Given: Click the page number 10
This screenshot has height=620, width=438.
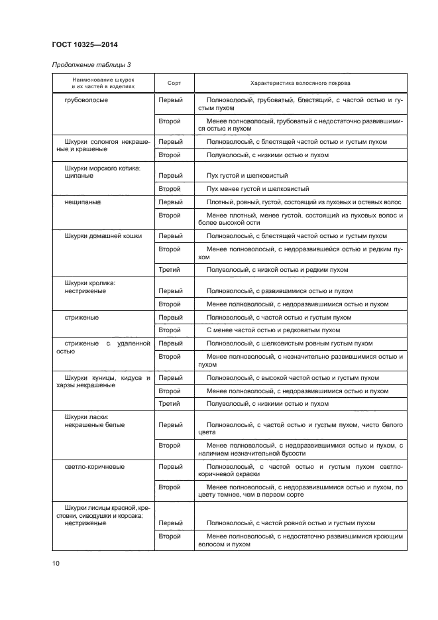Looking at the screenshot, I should click(x=56, y=564).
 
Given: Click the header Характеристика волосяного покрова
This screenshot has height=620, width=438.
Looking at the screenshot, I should click(x=300, y=84).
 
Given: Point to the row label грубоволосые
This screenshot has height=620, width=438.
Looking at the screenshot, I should click(x=87, y=101).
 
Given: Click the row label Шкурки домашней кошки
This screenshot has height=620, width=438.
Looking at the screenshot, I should click(x=103, y=236).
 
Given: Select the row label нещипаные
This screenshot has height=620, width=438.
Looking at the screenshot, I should click(x=83, y=202).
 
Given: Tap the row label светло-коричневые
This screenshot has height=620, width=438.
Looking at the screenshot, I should click(x=95, y=467).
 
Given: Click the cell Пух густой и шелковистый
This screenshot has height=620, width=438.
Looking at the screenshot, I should click(x=247, y=176).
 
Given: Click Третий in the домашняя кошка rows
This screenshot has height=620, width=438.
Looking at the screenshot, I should click(x=170, y=270).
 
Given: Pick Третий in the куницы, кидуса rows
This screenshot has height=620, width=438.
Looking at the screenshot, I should click(x=170, y=403).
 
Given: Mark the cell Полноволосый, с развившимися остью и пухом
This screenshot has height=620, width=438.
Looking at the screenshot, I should click(x=280, y=291).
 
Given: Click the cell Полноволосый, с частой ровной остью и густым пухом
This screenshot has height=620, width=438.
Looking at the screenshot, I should click(x=291, y=523).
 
